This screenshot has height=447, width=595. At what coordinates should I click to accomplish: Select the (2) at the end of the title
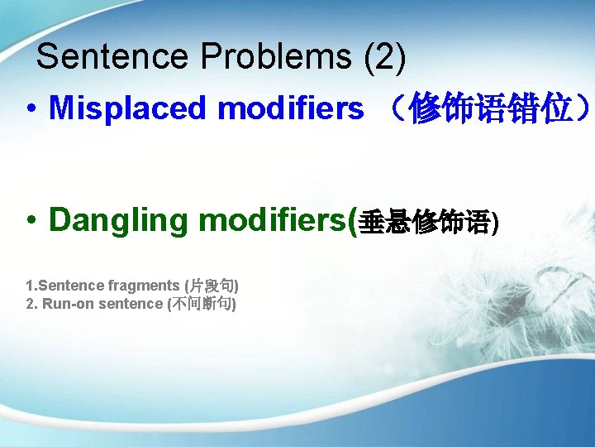pos(385,56)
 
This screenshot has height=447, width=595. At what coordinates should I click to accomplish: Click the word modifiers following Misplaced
pos(290,108)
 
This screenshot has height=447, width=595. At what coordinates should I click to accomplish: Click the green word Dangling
pos(119,220)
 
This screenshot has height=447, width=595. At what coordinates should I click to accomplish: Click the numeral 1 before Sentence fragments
pos(30,286)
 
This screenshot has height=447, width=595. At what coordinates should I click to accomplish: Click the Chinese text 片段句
pos(212,286)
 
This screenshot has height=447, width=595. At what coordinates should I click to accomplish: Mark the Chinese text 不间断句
pos(202,304)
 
